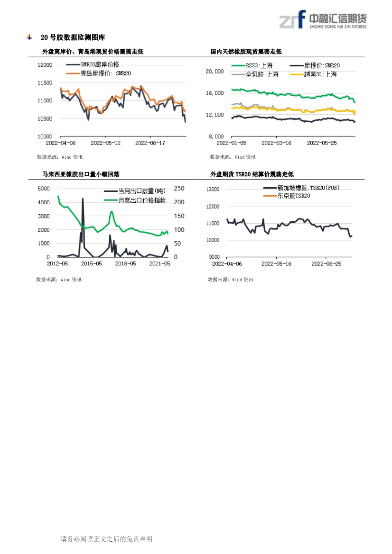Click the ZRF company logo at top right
323,19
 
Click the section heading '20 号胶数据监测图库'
73,37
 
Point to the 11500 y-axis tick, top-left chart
45,82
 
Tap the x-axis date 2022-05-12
105,143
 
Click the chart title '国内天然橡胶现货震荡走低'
246,52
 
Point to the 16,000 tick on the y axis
215,93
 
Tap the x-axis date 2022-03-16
276,143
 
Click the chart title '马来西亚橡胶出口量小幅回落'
81,174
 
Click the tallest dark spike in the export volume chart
83,199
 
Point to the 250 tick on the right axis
179,188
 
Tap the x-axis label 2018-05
126,263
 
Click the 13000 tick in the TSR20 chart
213,189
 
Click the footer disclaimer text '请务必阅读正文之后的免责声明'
106,539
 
